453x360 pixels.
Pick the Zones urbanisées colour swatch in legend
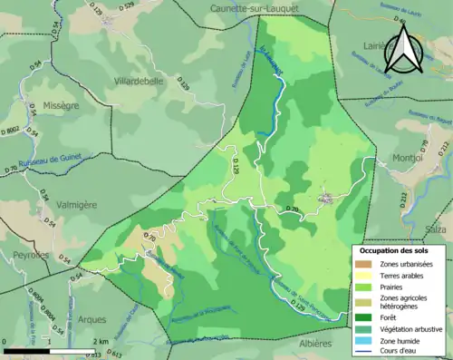point(367,263)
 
